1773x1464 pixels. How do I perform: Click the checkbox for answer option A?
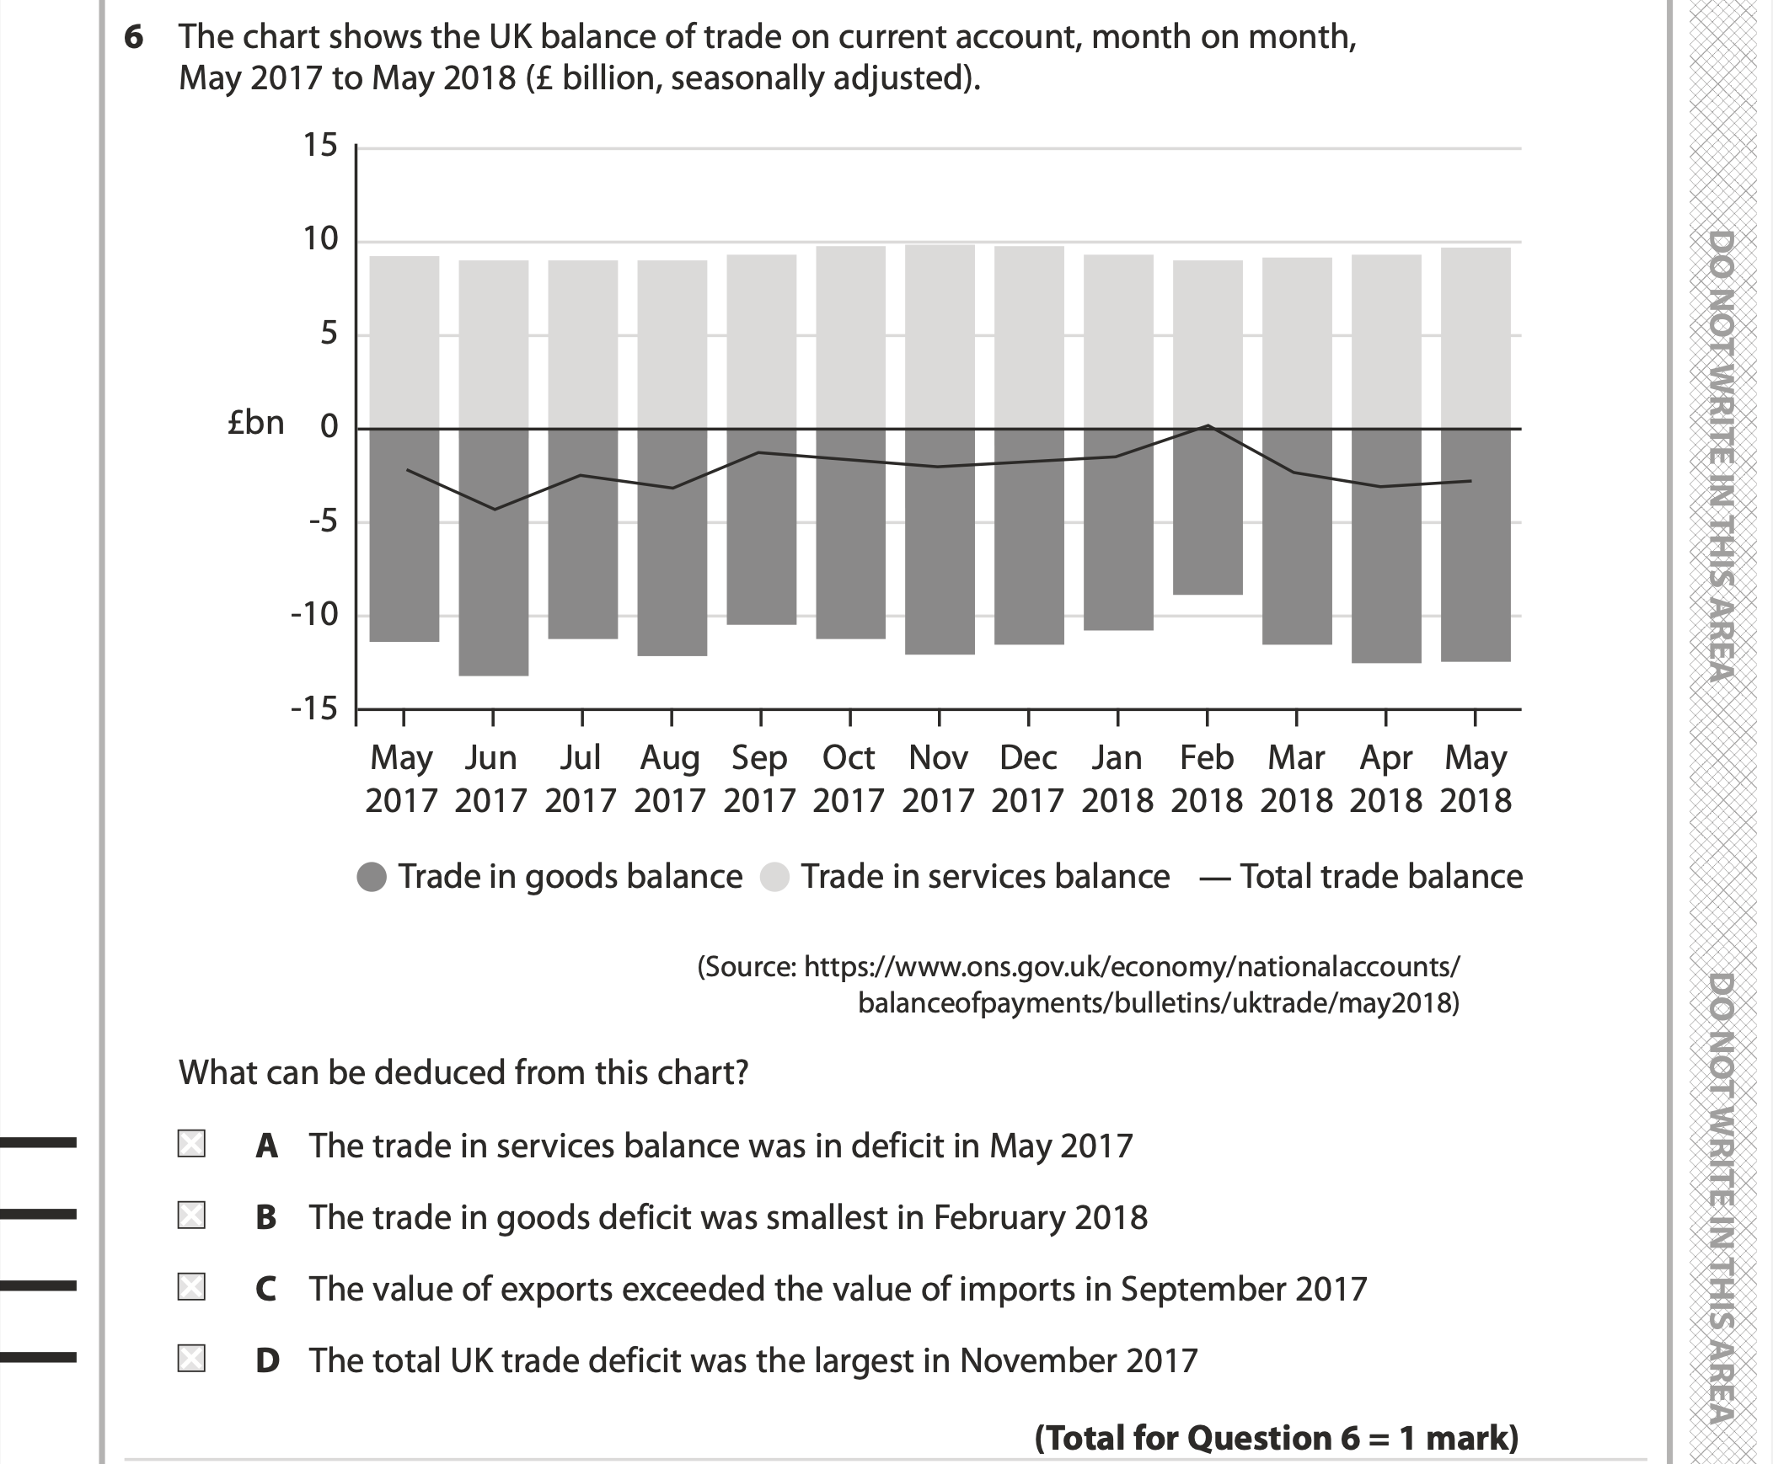(x=191, y=1144)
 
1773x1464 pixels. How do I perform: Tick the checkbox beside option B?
(x=191, y=1216)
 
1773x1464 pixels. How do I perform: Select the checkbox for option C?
(x=191, y=1287)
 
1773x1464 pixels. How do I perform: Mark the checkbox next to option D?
(x=191, y=1359)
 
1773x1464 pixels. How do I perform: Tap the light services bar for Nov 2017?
(x=940, y=337)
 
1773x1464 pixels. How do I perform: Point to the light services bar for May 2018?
(x=1476, y=337)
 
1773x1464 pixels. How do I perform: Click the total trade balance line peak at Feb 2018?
(x=1208, y=426)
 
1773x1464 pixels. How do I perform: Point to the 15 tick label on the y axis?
(x=319, y=146)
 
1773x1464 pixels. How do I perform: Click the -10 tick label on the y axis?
(x=313, y=615)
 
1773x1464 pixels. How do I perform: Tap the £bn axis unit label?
(x=255, y=424)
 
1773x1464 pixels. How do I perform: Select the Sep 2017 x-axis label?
(x=759, y=778)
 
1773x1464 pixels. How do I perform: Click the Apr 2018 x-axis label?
(x=1386, y=778)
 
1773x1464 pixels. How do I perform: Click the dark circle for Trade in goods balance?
(x=372, y=877)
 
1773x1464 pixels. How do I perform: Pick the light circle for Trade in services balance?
(x=774, y=877)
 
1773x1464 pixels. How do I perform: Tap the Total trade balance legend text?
(x=1381, y=877)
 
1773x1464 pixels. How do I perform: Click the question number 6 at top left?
(x=133, y=38)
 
